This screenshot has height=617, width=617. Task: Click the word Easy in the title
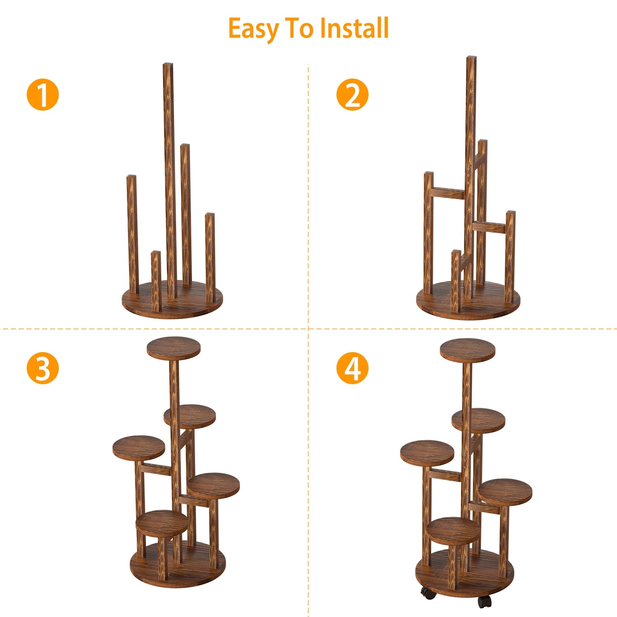tap(253, 29)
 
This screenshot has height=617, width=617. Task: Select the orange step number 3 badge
tap(43, 368)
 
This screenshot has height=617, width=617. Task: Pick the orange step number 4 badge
tap(352, 368)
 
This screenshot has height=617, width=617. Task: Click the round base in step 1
tap(173, 304)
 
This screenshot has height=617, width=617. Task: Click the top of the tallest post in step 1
tap(168, 66)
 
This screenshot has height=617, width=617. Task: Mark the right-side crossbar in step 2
tap(490, 227)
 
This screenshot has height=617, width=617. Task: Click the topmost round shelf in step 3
tap(174, 348)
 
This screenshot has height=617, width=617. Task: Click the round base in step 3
tap(178, 564)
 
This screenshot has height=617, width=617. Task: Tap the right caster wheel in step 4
tap(485, 601)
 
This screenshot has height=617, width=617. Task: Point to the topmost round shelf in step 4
tap(468, 350)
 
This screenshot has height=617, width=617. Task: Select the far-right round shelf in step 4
tap(505, 491)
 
